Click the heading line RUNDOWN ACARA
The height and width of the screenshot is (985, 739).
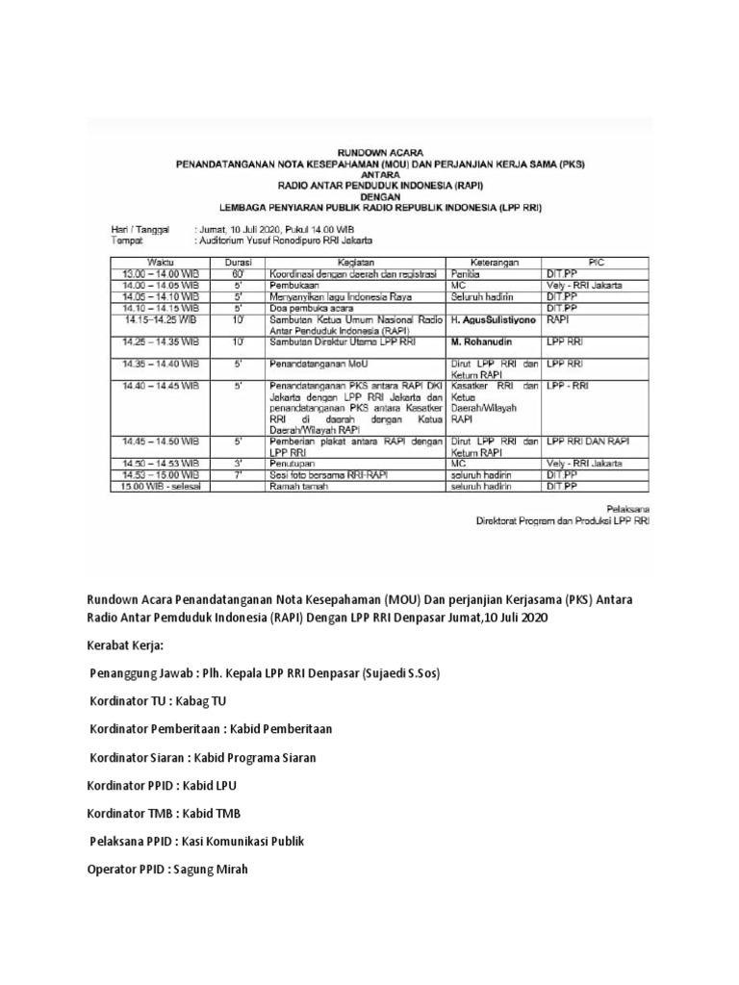point(379,151)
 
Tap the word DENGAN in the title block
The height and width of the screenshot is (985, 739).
point(379,193)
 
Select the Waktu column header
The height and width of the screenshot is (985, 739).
point(160,261)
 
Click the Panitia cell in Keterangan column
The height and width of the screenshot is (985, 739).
point(465,273)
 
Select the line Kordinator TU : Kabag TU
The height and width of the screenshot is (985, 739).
point(158,701)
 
